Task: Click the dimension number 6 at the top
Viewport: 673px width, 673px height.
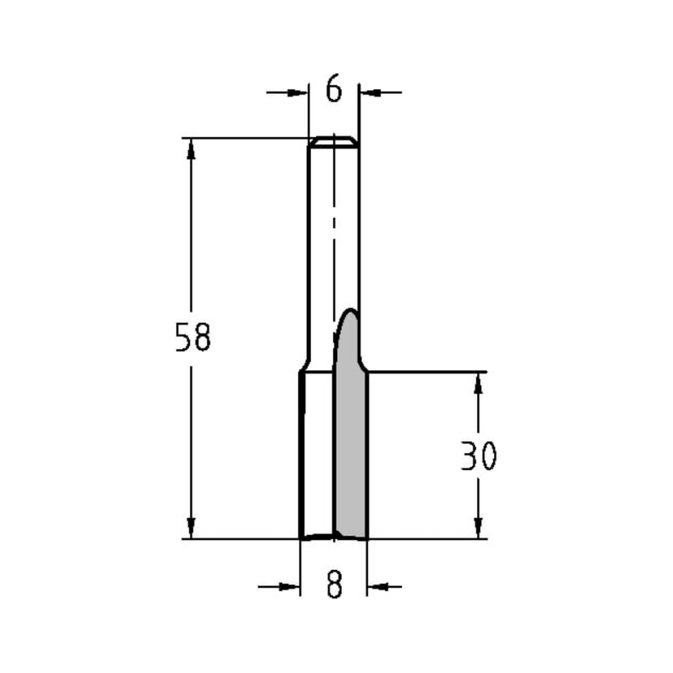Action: (x=334, y=90)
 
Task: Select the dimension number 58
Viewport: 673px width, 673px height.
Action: (x=192, y=338)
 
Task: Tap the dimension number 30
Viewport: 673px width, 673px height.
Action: (x=479, y=456)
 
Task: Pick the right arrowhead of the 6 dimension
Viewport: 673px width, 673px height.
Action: (x=368, y=91)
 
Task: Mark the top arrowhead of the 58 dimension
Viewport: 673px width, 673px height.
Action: (x=191, y=149)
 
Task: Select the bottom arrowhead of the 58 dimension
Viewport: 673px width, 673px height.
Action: (x=191, y=528)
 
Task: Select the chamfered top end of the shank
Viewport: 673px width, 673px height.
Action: (x=334, y=141)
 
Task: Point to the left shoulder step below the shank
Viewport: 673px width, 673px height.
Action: (x=304, y=369)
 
